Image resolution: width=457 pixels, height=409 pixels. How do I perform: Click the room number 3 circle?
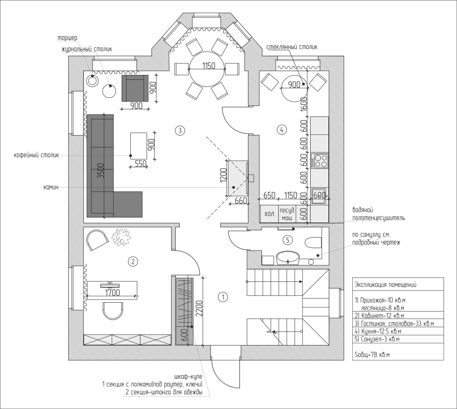(180, 131)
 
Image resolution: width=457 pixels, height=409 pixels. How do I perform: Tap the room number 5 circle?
(287, 240)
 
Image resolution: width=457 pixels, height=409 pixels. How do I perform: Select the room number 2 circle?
(133, 261)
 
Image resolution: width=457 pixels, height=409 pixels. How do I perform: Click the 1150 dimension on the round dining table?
(209, 66)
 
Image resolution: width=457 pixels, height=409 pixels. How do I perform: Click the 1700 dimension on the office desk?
(112, 292)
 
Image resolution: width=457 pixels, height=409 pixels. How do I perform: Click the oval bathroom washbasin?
(288, 258)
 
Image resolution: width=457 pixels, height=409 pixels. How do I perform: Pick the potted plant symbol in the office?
(121, 237)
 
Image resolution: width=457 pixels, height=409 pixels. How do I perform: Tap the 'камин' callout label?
(51, 188)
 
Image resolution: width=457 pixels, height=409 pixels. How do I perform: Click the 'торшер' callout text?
(67, 38)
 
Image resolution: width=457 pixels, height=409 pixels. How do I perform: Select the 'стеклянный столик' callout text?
(292, 47)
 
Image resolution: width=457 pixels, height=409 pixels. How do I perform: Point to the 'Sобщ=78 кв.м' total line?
(372, 355)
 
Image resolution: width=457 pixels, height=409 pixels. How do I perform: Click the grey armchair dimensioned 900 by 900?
(135, 88)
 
